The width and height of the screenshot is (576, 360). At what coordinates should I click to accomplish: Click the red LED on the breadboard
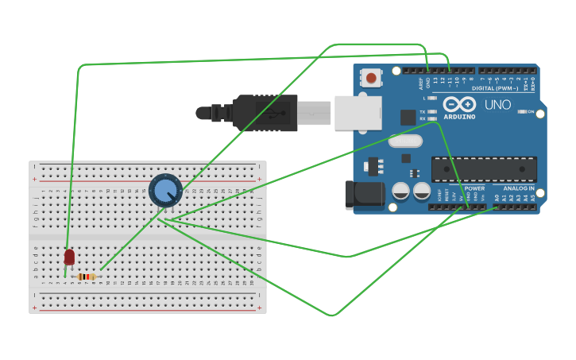coord(69,257)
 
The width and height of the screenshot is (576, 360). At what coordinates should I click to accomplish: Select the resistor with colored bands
coord(87,277)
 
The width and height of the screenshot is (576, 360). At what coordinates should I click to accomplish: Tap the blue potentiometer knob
coord(165,191)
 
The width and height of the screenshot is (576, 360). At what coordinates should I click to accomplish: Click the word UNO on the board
coord(497,105)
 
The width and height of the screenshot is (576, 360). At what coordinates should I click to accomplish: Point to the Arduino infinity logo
coord(459,105)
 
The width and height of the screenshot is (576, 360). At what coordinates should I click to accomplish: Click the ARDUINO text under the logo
coord(459,117)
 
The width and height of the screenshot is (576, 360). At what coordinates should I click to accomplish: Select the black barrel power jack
coord(364,195)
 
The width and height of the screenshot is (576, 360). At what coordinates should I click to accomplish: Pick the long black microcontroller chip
coord(484,168)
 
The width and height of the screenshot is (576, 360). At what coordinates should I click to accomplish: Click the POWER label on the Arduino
coord(474,188)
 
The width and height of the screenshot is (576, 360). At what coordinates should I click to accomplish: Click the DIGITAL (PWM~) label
coord(494,88)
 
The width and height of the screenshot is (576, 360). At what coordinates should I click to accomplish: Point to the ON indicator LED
coord(521,112)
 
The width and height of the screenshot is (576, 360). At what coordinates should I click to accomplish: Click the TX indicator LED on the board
coord(432,112)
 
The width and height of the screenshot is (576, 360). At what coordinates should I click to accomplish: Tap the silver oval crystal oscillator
coord(405,141)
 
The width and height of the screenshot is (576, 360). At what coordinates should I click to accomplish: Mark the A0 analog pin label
coord(497,197)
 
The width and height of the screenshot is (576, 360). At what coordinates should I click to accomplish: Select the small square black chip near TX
coord(408,117)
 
